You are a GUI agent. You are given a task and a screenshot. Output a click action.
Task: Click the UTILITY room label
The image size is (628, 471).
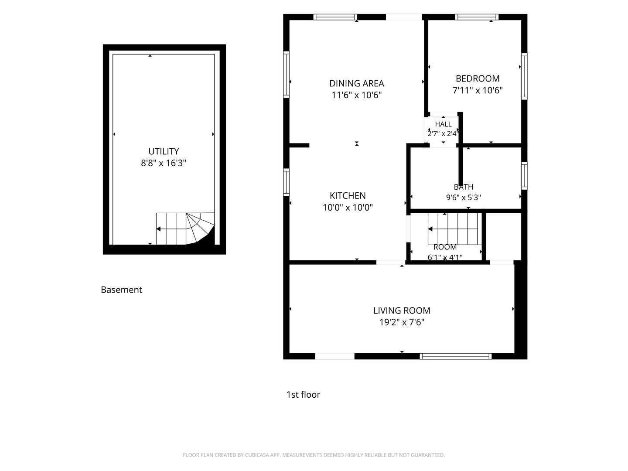click(164, 151)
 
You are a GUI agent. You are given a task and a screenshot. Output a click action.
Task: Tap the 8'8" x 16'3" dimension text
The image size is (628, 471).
click(164, 163)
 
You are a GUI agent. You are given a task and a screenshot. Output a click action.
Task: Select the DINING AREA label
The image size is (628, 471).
click(356, 83)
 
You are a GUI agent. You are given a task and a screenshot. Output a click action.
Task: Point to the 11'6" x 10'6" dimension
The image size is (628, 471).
click(356, 95)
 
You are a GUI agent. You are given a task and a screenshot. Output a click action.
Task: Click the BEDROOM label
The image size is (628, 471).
click(478, 78)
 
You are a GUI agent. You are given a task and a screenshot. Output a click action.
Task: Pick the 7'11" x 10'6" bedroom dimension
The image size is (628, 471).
click(478, 90)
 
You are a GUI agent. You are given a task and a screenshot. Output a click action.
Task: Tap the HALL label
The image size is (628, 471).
click(443, 124)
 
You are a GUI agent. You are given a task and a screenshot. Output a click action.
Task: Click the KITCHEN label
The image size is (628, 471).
click(348, 196)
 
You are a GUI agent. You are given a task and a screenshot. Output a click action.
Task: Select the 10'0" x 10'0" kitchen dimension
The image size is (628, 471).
click(348, 207)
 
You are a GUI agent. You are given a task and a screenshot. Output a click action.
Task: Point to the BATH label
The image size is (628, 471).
click(464, 187)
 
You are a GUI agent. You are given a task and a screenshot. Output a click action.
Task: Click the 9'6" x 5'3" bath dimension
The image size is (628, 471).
click(464, 197)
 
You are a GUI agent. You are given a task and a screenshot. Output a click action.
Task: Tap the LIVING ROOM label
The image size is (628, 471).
click(402, 311)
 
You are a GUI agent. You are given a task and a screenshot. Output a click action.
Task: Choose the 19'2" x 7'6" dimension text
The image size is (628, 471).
click(402, 322)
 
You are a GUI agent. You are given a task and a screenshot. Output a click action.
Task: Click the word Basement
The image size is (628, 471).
click(121, 290)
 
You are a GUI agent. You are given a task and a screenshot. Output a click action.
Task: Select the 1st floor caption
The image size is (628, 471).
click(303, 395)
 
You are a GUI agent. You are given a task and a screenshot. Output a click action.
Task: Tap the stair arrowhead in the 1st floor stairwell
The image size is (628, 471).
click(430, 229)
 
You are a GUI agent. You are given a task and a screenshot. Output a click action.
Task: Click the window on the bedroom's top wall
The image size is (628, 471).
click(477, 17)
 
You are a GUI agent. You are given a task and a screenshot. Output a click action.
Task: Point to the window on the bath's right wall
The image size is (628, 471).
click(524, 176)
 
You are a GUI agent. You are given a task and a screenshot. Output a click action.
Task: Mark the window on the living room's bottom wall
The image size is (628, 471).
click(456, 356)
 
